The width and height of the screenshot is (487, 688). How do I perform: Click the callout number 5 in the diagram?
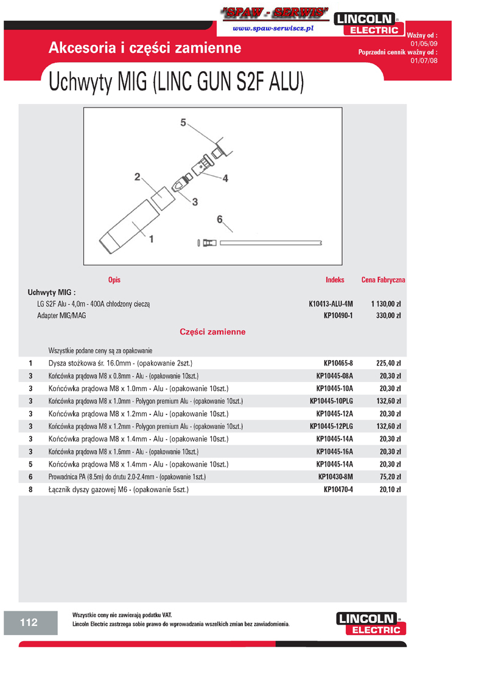tap(183, 122)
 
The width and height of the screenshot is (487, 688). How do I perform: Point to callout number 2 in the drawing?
tap(138, 177)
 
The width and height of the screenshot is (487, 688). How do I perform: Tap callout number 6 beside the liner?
tap(220, 219)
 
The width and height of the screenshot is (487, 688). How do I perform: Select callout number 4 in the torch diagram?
tap(225, 178)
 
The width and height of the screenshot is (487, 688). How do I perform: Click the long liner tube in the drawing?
tap(270, 243)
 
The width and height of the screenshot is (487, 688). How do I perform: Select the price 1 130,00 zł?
tap(385, 303)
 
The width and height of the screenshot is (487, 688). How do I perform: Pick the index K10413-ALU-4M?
tap(331, 303)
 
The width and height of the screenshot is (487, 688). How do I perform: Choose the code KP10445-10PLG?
tap(331, 401)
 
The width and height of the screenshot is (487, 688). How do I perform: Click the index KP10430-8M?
tap(335, 476)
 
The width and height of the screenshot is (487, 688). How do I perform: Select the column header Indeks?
tap(335, 280)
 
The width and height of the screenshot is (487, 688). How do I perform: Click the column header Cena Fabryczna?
tap(383, 280)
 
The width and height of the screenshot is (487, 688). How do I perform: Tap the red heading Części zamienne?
tap(212, 332)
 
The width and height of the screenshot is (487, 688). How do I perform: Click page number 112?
tap(29, 622)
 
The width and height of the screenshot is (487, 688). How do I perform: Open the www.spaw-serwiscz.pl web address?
tap(273, 29)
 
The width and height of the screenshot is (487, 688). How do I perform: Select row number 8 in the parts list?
tap(30, 489)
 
